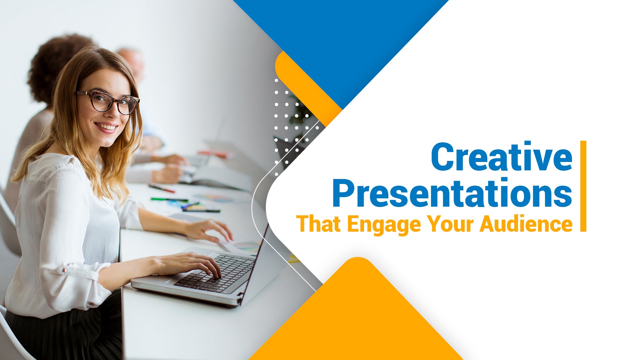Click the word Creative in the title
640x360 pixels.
coord(502,157)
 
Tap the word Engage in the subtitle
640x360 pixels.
coord(384,225)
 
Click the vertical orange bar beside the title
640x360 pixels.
coord(583,186)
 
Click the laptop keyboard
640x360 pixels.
coord(215,273)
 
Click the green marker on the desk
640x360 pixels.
coord(169,199)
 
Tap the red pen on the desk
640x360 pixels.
coord(162,188)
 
